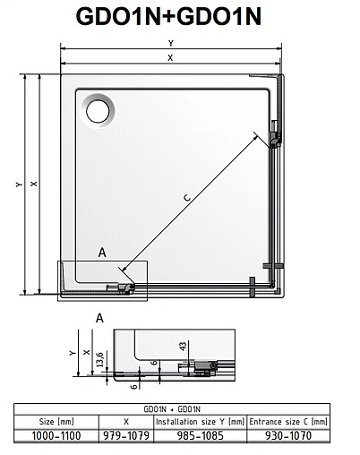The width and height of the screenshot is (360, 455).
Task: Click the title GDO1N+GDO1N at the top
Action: click(x=179, y=19)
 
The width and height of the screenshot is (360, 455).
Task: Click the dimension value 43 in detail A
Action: click(x=181, y=345)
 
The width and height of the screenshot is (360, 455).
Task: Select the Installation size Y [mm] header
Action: click(x=200, y=420)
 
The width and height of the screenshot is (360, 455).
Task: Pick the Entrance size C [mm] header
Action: click(x=288, y=420)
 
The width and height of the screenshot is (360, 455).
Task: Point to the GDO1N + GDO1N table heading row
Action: click(x=179, y=408)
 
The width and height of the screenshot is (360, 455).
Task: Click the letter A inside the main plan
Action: click(x=102, y=253)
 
